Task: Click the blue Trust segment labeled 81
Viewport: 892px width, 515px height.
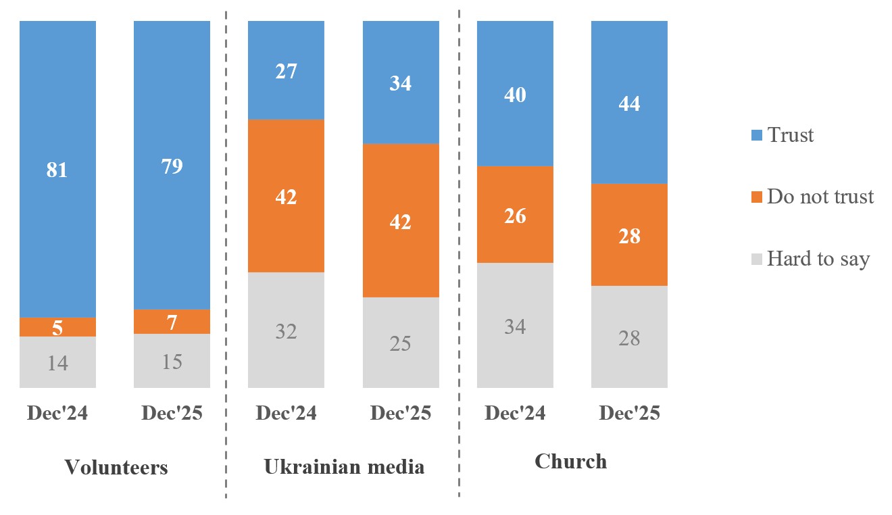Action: point(57,169)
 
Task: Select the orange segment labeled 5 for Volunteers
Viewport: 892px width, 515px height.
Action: point(57,327)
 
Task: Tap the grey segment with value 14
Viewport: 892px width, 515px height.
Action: point(57,362)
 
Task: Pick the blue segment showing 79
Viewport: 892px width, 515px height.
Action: point(172,165)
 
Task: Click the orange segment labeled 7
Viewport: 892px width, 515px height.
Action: point(172,322)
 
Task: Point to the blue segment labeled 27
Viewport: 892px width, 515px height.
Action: point(287,70)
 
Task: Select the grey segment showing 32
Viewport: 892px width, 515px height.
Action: point(287,330)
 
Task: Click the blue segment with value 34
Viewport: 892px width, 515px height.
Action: point(401,82)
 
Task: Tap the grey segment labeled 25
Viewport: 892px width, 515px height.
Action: point(401,343)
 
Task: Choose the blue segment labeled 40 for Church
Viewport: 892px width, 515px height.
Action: point(515,94)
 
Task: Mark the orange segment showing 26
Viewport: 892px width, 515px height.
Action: point(515,215)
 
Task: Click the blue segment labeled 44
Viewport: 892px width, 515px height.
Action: point(629,103)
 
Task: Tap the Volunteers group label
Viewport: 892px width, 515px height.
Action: point(116,467)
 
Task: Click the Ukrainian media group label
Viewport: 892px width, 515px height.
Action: point(344,466)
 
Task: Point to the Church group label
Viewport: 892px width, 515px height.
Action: point(571,462)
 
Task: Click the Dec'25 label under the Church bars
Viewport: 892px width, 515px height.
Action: point(629,414)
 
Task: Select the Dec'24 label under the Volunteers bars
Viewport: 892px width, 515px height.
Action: point(57,414)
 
